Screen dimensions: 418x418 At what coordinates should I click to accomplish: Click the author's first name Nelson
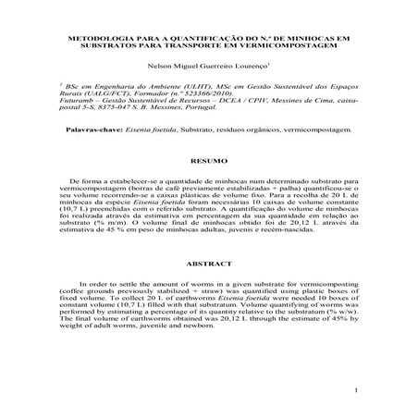pyautogui.click(x=146, y=67)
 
